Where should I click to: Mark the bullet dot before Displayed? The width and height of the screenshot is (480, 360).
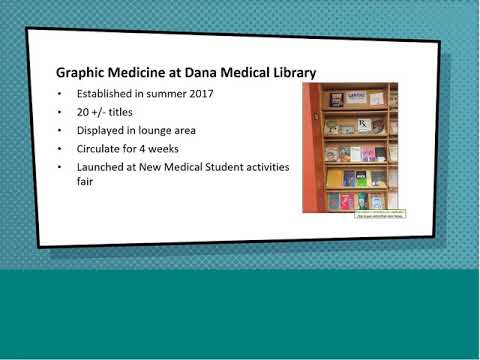[x=61, y=130]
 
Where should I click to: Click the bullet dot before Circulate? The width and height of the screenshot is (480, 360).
[x=61, y=148]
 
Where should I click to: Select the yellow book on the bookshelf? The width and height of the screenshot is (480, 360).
[x=334, y=178]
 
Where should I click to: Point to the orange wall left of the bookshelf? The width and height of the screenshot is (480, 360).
[x=311, y=150]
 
